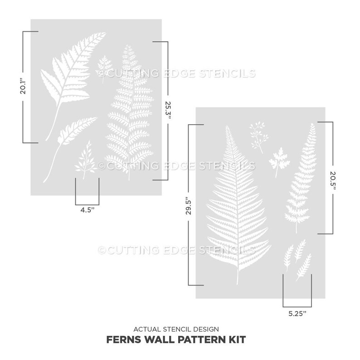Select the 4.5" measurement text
88,210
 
